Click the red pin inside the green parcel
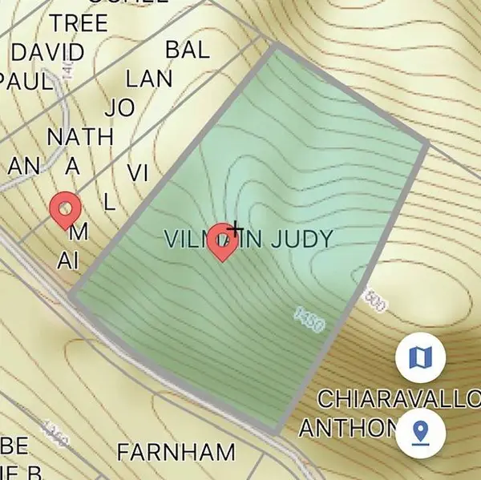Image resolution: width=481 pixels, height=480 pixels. coord(222,243)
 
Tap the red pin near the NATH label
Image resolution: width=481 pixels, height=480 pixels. coord(66,211)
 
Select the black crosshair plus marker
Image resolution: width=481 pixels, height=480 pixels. coord(235,231)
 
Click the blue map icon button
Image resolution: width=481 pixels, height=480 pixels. coord(420,357)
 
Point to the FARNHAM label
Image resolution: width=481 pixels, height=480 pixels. coord(176,452)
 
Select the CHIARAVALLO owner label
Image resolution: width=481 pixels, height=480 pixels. coord(398,399)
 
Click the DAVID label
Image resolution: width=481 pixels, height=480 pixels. coord(47,53)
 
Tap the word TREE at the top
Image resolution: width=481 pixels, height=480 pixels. coord(79,23)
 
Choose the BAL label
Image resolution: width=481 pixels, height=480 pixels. coord(187,50)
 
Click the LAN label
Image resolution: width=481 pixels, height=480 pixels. coord(149,79)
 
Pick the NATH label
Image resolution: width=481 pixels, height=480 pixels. coord(80,136)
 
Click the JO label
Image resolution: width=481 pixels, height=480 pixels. coord(119,107)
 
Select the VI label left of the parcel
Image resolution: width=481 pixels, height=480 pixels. coord(137,172)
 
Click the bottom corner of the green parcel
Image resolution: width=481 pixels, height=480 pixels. coord(277,432)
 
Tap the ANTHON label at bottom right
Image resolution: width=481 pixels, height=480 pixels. coord(348,427)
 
